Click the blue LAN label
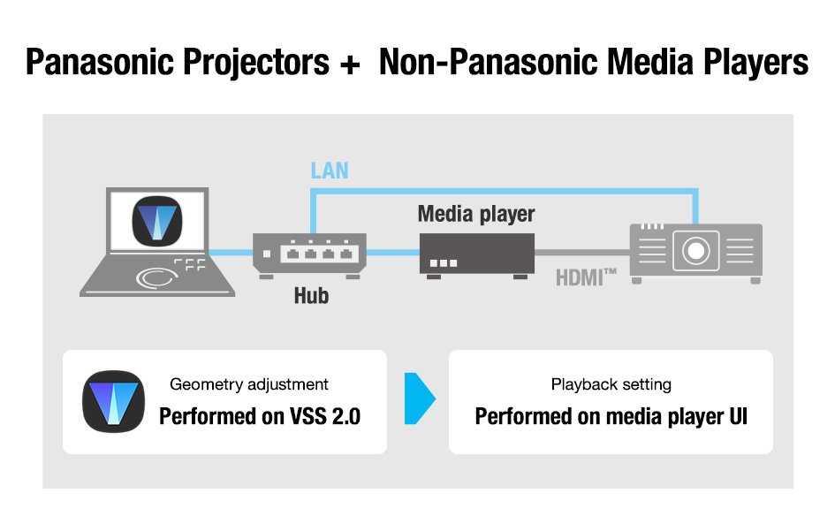click(x=330, y=171)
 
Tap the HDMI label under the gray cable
click(x=586, y=277)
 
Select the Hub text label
click(x=311, y=295)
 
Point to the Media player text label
click(x=476, y=214)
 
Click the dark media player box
click(x=476, y=255)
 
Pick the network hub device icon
click(x=309, y=255)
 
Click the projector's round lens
click(x=695, y=250)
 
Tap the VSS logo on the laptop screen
click(x=157, y=221)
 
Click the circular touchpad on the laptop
click(x=156, y=277)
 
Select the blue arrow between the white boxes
click(x=420, y=398)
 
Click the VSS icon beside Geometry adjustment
click(x=113, y=401)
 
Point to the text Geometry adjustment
click(x=248, y=384)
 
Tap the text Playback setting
click(x=611, y=384)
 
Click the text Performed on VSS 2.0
click(x=260, y=416)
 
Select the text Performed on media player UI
click(x=611, y=416)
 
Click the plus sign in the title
click(x=350, y=64)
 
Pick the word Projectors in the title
click(x=256, y=63)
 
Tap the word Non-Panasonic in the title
click(x=489, y=62)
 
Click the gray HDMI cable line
click(x=582, y=253)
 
